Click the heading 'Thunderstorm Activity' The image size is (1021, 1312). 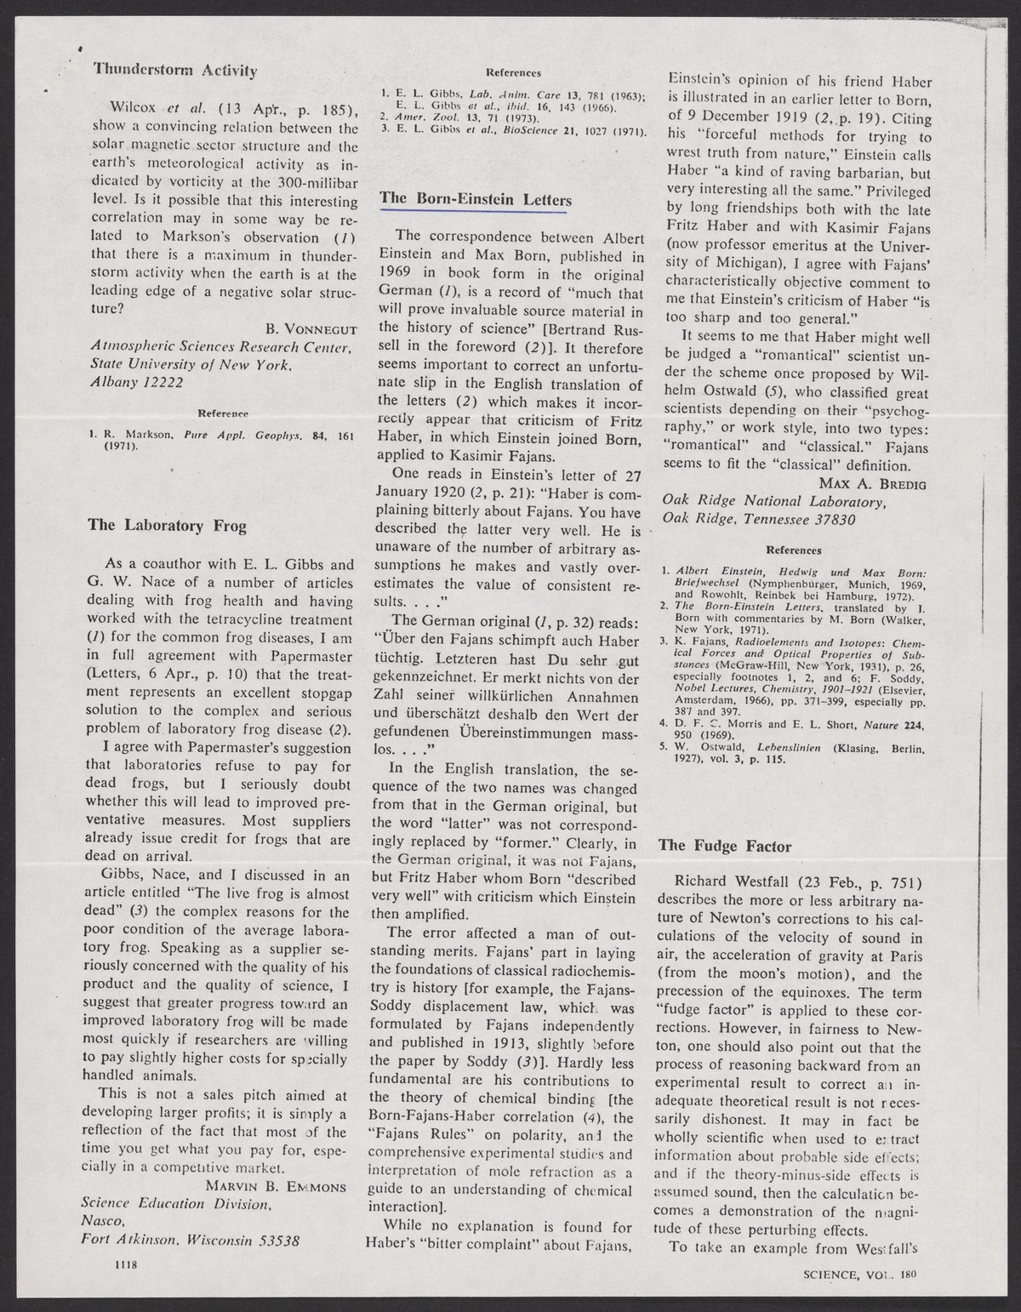pyautogui.click(x=174, y=70)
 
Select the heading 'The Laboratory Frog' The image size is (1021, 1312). pyautogui.click(x=168, y=525)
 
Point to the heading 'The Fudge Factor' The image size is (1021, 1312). pyautogui.click(x=725, y=846)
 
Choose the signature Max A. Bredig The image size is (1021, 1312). pyautogui.click(x=864, y=483)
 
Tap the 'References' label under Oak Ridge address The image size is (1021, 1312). pyautogui.click(x=792, y=550)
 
